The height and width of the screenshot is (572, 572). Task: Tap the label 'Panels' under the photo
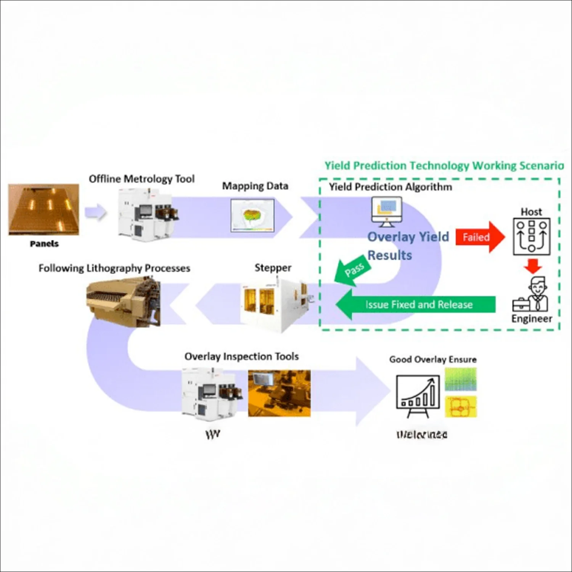[x=44, y=244]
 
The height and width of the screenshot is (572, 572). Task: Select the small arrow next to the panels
[x=95, y=212]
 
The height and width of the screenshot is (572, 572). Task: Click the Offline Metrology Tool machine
[x=147, y=215]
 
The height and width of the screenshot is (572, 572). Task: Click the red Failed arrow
[x=479, y=237]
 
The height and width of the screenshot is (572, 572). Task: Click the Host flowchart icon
[x=532, y=237]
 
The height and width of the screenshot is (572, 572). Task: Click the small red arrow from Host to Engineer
[x=533, y=266]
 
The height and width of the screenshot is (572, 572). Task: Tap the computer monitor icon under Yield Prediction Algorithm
[x=387, y=211]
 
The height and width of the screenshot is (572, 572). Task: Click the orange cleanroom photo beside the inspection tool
[x=279, y=393]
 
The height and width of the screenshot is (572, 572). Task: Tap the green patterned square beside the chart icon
[x=461, y=379]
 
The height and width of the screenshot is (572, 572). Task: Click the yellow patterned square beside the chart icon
[x=461, y=407]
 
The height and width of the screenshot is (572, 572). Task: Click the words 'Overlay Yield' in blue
[x=408, y=237]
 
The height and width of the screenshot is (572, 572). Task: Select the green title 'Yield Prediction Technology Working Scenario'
[x=444, y=165]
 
